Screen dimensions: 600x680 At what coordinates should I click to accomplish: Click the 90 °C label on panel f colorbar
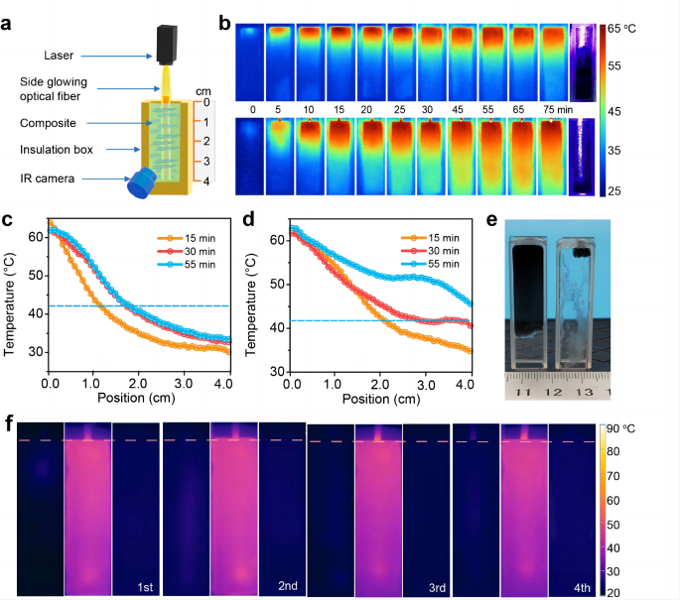coord(642,427)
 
